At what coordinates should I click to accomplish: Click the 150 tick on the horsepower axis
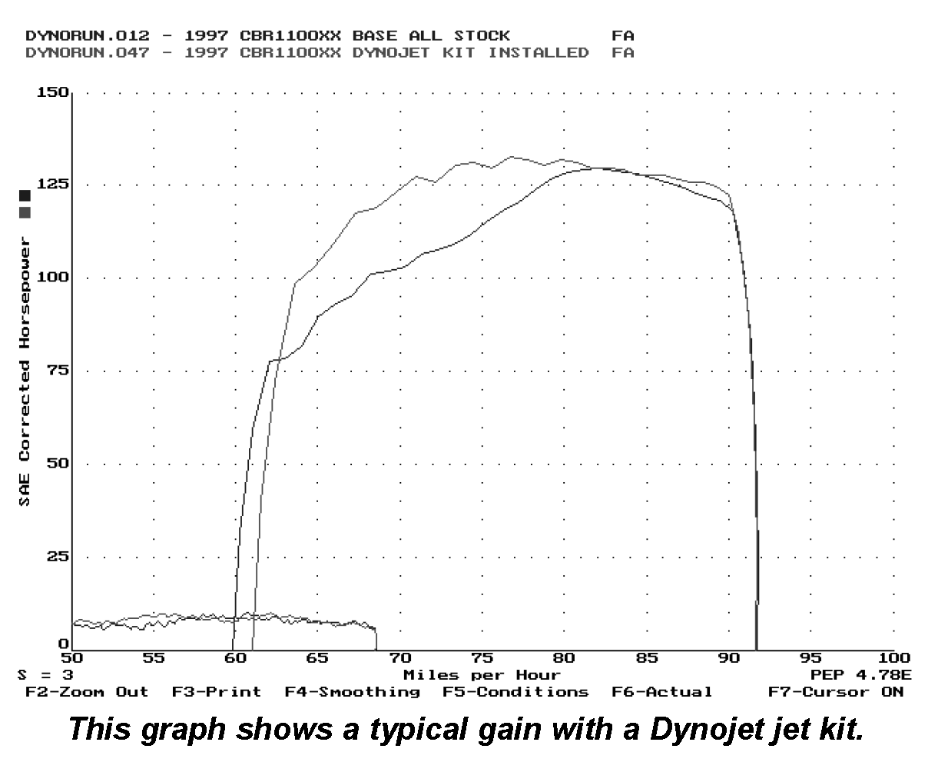[x=54, y=93]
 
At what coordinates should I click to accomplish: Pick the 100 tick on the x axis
[x=893, y=658]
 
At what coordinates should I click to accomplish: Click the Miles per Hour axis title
[x=482, y=675]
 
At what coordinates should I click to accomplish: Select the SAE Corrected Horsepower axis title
[x=26, y=371]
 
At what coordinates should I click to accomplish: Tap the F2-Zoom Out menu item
[x=87, y=692]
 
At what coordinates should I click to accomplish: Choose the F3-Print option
[x=217, y=692]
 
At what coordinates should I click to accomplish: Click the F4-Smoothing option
[x=352, y=692]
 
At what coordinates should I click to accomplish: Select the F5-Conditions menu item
[x=515, y=692]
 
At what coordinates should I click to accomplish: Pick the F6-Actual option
[x=661, y=692]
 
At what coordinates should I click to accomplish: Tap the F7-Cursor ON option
[x=836, y=692]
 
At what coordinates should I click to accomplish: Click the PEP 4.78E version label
[x=860, y=675]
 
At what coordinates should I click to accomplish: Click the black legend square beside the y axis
[x=25, y=196]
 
